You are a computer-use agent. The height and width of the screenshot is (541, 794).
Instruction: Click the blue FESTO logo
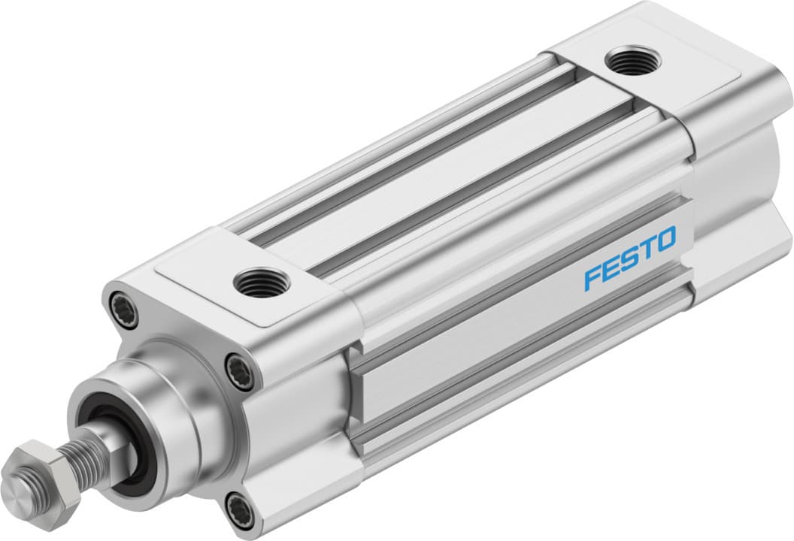(x=630, y=258)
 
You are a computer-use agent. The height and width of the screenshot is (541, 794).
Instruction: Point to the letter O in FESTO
(x=665, y=240)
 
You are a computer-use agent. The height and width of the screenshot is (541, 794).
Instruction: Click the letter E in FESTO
(x=610, y=269)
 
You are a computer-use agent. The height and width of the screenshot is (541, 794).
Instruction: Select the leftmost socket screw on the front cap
(x=122, y=307)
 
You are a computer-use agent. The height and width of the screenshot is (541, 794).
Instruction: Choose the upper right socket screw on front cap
(x=239, y=371)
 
